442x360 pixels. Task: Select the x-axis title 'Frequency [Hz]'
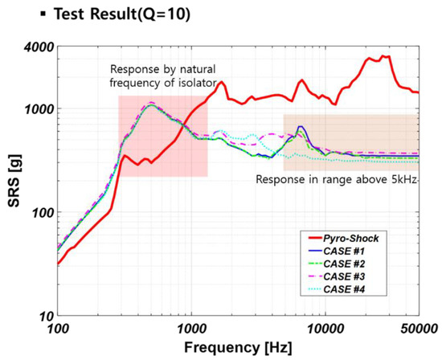point(236,349)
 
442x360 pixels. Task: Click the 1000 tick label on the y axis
point(39,108)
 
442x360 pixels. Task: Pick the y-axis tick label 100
point(42,213)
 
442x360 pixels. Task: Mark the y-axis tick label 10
point(45,316)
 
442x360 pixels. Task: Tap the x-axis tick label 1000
point(190,329)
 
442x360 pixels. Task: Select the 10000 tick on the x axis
point(324,329)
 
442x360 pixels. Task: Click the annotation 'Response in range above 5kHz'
point(338,179)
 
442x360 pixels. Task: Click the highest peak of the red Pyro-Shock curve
point(386,56)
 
